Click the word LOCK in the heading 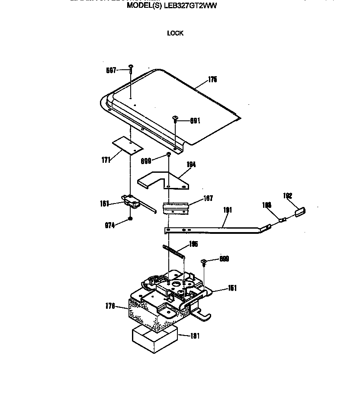point(175,33)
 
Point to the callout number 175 point(212,80)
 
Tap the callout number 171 point(105,160)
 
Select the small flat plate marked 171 point(128,145)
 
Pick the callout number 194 point(191,165)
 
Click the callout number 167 point(208,199)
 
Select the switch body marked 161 point(131,201)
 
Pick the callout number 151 point(232,288)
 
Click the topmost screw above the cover point(130,67)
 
